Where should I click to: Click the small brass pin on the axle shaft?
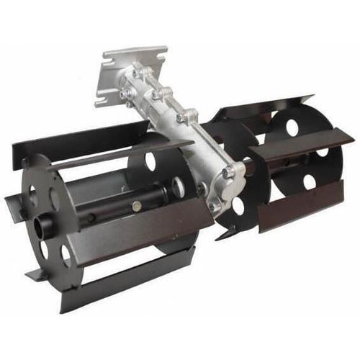click(x=137, y=207)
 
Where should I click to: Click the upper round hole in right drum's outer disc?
click(x=293, y=128)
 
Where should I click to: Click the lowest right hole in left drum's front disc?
click(x=66, y=253)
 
